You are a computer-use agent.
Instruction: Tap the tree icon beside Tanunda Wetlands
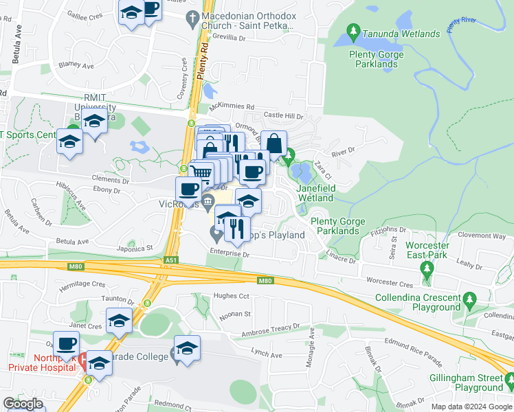click(353, 31)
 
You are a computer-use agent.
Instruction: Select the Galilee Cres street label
click(87, 14)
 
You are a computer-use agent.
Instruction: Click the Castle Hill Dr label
click(283, 117)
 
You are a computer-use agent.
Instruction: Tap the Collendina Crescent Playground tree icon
click(470, 299)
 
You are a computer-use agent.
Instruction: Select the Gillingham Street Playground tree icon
click(509, 379)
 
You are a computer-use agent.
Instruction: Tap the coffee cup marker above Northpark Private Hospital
click(66, 343)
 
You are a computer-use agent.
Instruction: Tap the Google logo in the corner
click(23, 404)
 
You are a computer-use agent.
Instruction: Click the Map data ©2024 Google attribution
click(471, 407)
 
